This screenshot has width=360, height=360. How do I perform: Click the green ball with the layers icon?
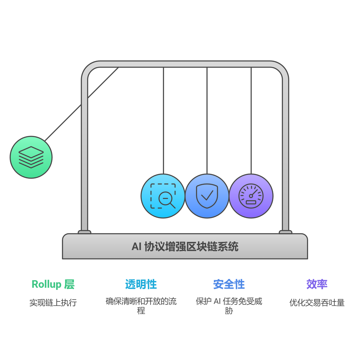tap(31, 157)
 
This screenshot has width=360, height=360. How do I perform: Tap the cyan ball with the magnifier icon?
tap(163, 196)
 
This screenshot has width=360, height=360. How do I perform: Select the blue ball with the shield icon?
tap(207, 196)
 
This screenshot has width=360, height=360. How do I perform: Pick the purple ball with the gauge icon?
tap(251, 196)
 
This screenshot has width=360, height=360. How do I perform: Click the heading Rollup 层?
tap(53, 284)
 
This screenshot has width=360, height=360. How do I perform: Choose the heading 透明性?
tap(141, 284)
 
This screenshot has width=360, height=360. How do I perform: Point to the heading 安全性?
tap(229, 284)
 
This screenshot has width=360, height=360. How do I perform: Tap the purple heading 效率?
tap(317, 284)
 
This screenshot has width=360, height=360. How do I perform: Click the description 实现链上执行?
tap(53, 302)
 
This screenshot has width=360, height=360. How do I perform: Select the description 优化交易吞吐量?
tap(317, 302)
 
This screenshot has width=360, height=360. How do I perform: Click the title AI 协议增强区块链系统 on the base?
tap(185, 247)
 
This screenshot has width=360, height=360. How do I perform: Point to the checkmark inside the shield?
tap(207, 196)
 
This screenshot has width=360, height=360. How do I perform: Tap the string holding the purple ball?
tap(251, 120)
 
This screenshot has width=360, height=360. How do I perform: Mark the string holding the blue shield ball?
tap(207, 120)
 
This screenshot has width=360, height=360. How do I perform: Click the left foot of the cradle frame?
tap(85, 232)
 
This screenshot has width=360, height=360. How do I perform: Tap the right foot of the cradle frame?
tap(285, 232)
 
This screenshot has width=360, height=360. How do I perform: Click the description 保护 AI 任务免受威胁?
tap(229, 306)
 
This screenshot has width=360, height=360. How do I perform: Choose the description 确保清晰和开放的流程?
tap(141, 306)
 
